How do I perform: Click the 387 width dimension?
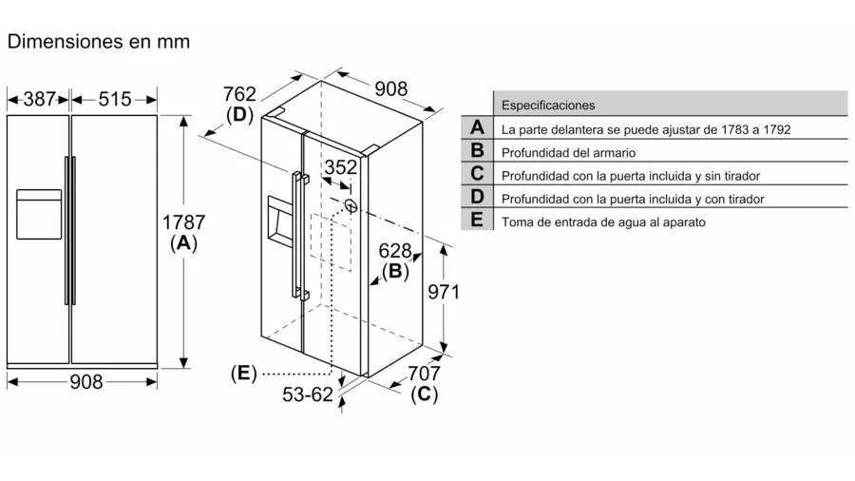[39, 98]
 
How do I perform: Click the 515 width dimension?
[114, 98]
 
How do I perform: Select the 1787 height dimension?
[183, 221]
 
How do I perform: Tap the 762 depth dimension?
[239, 93]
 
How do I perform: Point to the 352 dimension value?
[341, 167]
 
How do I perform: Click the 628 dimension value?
[394, 251]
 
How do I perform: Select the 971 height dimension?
[443, 292]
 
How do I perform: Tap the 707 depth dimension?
[424, 373]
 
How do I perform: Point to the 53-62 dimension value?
[307, 394]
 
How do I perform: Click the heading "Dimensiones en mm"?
[99, 42]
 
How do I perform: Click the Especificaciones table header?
[548, 105]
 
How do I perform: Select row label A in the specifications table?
[477, 127]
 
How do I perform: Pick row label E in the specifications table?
[477, 221]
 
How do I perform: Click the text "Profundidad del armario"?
[568, 152]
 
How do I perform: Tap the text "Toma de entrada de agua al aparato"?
[603, 221]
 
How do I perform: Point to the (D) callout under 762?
[239, 114]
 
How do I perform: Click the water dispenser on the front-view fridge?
[39, 214]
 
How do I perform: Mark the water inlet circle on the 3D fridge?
[351, 204]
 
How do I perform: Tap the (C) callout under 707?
[424, 394]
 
